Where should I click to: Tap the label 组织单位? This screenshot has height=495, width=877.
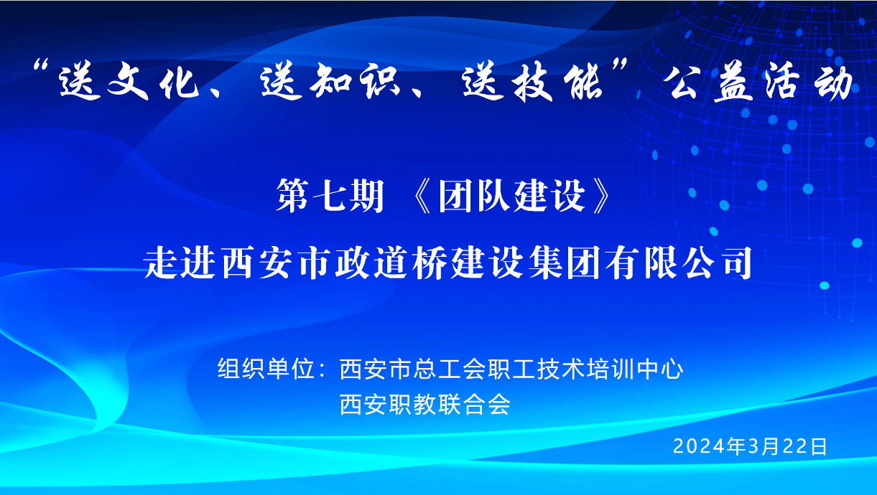[266, 369]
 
